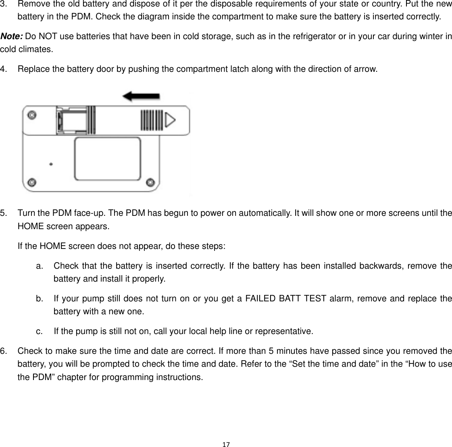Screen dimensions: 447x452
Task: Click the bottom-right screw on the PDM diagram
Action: [150, 182]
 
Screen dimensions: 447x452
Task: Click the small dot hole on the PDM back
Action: [51, 164]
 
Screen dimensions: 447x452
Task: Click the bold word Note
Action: [12, 37]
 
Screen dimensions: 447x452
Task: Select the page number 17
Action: [226, 444]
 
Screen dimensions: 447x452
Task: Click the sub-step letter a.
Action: [39, 266]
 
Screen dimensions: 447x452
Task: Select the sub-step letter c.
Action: [39, 332]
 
